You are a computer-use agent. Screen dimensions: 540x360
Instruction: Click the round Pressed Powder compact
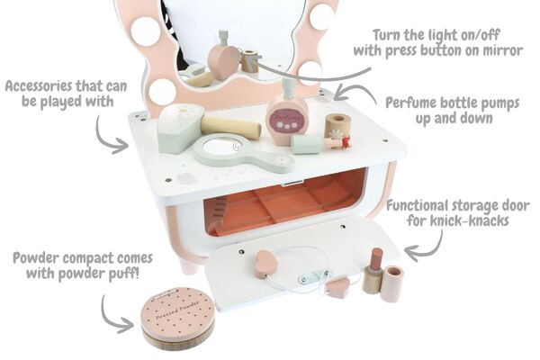click(178, 319)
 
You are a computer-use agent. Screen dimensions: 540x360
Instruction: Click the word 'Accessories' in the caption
click(37, 85)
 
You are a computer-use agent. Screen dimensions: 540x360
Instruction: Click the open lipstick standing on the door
click(373, 271)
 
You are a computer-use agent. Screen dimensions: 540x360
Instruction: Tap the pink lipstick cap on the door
click(391, 283)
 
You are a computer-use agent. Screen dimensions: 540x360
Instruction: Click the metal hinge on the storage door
click(312, 276)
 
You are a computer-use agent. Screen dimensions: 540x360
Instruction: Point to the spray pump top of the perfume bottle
click(288, 86)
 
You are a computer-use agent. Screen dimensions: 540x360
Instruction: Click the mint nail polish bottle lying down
click(320, 144)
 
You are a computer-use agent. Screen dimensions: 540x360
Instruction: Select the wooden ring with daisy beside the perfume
click(337, 126)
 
